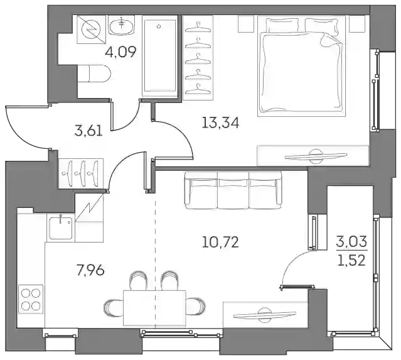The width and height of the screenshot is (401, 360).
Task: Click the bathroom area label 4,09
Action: click(x=120, y=52)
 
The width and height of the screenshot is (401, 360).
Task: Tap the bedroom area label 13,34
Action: click(x=220, y=123)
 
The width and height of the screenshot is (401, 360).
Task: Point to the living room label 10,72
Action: click(x=220, y=243)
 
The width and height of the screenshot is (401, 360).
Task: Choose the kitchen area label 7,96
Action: click(x=90, y=270)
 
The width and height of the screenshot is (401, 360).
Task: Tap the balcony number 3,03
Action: click(x=351, y=241)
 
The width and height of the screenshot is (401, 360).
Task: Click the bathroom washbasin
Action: click(x=122, y=25)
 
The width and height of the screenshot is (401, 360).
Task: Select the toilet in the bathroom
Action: click(x=94, y=74)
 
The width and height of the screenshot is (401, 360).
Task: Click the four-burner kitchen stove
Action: click(x=31, y=299)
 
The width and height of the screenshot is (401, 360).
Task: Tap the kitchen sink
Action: click(x=61, y=228)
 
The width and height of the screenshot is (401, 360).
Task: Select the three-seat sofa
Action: click(x=233, y=190)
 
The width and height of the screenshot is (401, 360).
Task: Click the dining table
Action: click(x=154, y=308)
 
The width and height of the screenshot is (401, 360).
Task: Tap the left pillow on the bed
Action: click(x=282, y=25)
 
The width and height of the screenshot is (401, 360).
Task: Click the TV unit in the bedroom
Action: click(x=313, y=156)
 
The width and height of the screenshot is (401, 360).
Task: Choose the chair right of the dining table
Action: click(x=196, y=306)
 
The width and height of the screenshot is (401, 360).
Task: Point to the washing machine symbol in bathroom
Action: click(x=91, y=29)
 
